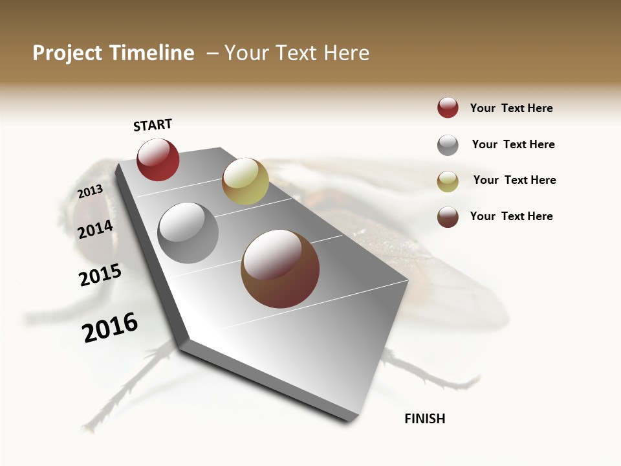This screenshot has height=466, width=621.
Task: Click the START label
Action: coord(153,125)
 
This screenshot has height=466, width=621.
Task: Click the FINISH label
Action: coord(425,419)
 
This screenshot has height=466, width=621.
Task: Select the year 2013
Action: coord(91,192)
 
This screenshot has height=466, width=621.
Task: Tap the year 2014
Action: coord(96,229)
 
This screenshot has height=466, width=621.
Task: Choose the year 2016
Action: coord(111,327)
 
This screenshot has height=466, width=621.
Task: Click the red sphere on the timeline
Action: coord(158,160)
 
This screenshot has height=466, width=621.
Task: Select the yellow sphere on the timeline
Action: coord(245,181)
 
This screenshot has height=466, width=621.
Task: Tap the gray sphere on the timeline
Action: coord(188,233)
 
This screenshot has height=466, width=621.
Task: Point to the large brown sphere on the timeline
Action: coord(280,269)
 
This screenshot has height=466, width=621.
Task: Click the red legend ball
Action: coord(448,108)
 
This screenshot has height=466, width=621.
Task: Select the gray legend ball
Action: coord(448,145)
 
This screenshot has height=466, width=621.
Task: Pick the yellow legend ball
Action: coord(448,181)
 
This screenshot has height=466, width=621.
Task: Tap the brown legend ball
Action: coord(448,217)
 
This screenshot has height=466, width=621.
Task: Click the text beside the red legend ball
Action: coord(512,108)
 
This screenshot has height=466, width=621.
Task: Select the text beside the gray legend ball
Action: coord(514,144)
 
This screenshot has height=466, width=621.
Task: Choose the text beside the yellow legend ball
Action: coord(515,180)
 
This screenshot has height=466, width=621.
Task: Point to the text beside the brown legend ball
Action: coord(512,216)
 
